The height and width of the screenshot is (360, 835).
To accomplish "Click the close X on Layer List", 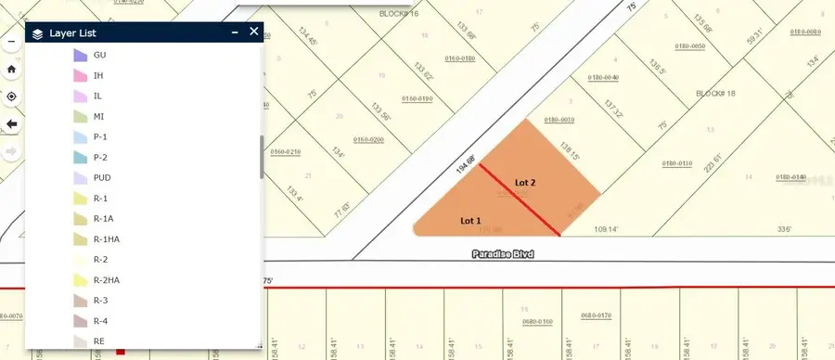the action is click(x=254, y=32).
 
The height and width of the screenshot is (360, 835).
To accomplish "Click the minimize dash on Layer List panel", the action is click(x=235, y=32).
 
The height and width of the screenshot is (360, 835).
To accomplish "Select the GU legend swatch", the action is click(x=79, y=55).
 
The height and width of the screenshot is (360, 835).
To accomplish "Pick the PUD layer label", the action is click(x=102, y=177).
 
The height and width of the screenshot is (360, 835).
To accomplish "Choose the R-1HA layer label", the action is click(x=107, y=238).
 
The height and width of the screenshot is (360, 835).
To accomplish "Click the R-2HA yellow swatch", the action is click(x=79, y=279).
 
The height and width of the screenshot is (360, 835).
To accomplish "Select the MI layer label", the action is click(x=98, y=116).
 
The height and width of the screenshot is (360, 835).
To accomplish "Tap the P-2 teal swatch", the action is click(x=79, y=157).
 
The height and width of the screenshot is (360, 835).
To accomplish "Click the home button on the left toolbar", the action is click(x=12, y=69).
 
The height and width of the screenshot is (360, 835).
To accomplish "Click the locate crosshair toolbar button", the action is click(x=12, y=96).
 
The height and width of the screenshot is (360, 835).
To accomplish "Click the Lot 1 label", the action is click(x=471, y=221).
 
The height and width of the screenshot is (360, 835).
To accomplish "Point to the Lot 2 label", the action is click(x=525, y=183).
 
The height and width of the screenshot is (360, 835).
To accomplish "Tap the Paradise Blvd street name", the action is click(x=503, y=253).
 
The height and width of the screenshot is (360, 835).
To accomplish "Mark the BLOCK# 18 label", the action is click(x=715, y=95).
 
